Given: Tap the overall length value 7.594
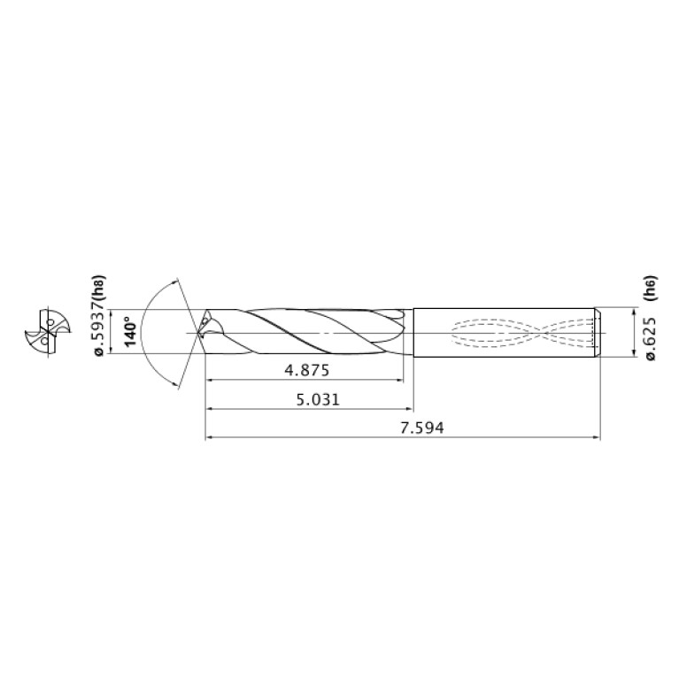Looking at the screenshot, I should [x=422, y=428].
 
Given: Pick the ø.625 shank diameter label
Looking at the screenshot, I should [x=651, y=339].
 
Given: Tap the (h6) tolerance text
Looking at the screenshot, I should [x=651, y=290].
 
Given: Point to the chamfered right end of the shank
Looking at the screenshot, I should [x=598, y=332].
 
